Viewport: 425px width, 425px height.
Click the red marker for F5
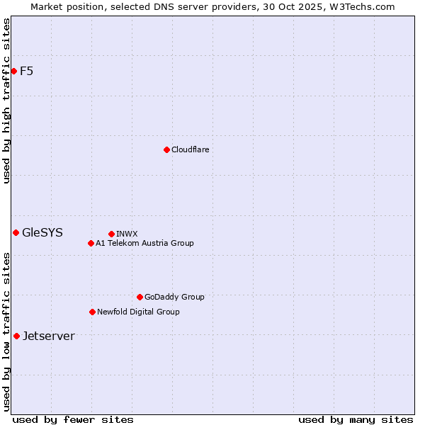point(13,71)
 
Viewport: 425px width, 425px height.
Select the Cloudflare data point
point(166,149)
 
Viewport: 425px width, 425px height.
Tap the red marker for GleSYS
point(16,232)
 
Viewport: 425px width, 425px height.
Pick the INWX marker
point(111,234)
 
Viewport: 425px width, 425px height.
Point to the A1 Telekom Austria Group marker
point(91,243)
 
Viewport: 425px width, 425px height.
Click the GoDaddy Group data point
point(140,297)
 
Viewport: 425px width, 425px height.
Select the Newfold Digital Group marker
point(92,312)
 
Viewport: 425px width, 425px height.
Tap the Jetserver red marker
point(16,336)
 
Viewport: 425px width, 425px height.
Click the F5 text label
point(27,71)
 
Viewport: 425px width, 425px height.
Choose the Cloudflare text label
point(190,149)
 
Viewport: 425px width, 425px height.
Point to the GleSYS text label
point(42,232)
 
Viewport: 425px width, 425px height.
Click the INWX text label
point(127,234)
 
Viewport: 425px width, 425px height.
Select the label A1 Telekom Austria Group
point(144,243)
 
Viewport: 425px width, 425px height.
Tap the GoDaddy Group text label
point(174,297)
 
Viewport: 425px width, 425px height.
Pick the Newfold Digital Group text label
point(138,312)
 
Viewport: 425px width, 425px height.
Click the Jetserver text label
point(48,336)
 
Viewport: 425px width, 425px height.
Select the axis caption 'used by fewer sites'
point(73,419)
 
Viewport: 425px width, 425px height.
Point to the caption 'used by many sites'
point(356,419)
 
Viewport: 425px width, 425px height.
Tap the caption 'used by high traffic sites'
point(6,101)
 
